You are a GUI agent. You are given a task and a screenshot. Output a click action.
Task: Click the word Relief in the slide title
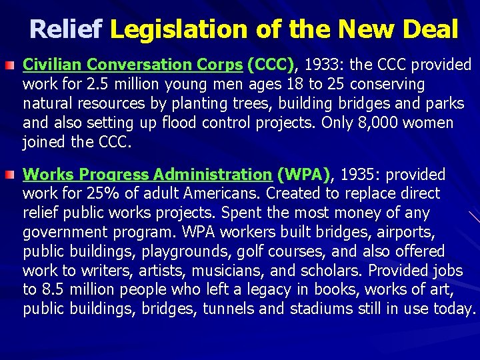pyautogui.click(x=66, y=29)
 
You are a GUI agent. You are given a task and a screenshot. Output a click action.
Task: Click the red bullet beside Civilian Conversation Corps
pyautogui.click(x=11, y=65)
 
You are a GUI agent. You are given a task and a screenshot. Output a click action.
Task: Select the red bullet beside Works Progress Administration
pyautogui.click(x=11, y=175)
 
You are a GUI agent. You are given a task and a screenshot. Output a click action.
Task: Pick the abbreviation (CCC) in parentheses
pyautogui.click(x=271, y=65)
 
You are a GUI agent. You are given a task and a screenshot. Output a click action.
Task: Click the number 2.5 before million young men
pyautogui.click(x=95, y=85)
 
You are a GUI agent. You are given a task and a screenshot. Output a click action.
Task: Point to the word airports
pyautogui.click(x=409, y=233)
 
